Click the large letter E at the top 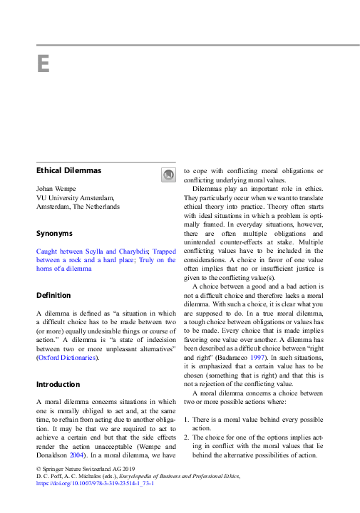pos(43,65)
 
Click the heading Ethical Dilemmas pos(68,171)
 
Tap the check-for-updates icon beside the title pos(168,174)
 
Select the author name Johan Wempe pos(58,188)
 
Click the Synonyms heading pos(54,233)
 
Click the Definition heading pos(55,295)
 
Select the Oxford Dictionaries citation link pos(68,357)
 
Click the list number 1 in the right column pos(187,421)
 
